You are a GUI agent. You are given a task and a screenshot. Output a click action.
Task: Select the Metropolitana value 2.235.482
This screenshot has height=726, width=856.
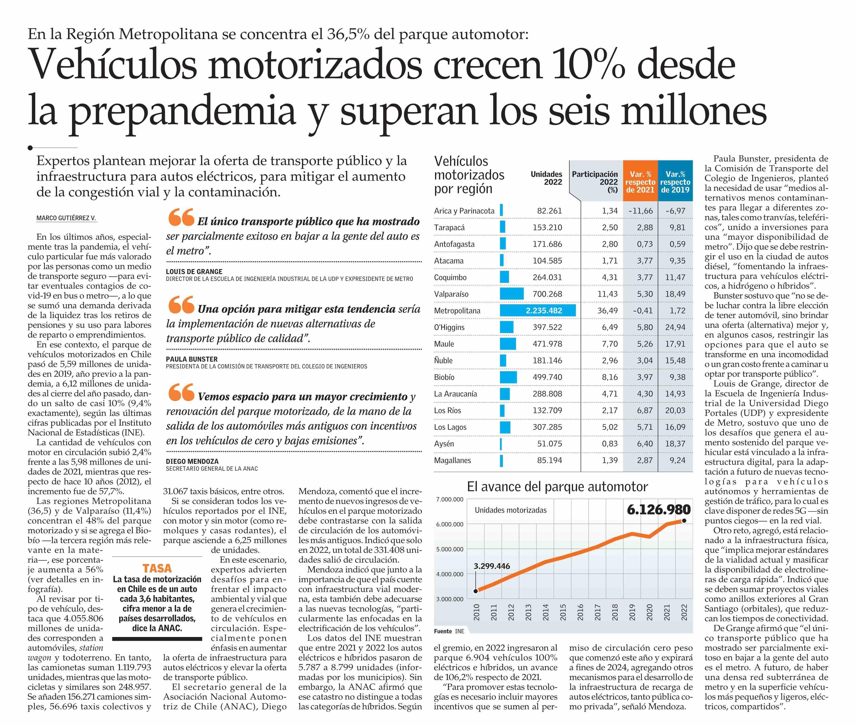pos(544,311)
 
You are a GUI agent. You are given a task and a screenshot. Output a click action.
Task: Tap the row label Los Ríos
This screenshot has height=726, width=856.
pos(447,410)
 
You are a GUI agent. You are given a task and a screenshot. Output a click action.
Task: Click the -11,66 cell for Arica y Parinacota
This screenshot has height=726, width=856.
pos(640,211)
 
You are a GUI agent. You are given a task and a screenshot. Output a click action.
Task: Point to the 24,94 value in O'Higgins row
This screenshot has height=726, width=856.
pos(675,327)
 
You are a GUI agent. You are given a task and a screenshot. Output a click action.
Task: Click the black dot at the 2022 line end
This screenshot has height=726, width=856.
pos(684,521)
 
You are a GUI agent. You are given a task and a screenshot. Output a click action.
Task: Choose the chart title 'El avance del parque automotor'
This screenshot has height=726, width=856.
pos(557,487)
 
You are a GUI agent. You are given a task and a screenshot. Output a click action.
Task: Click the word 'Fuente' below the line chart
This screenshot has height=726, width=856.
pos(443,631)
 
